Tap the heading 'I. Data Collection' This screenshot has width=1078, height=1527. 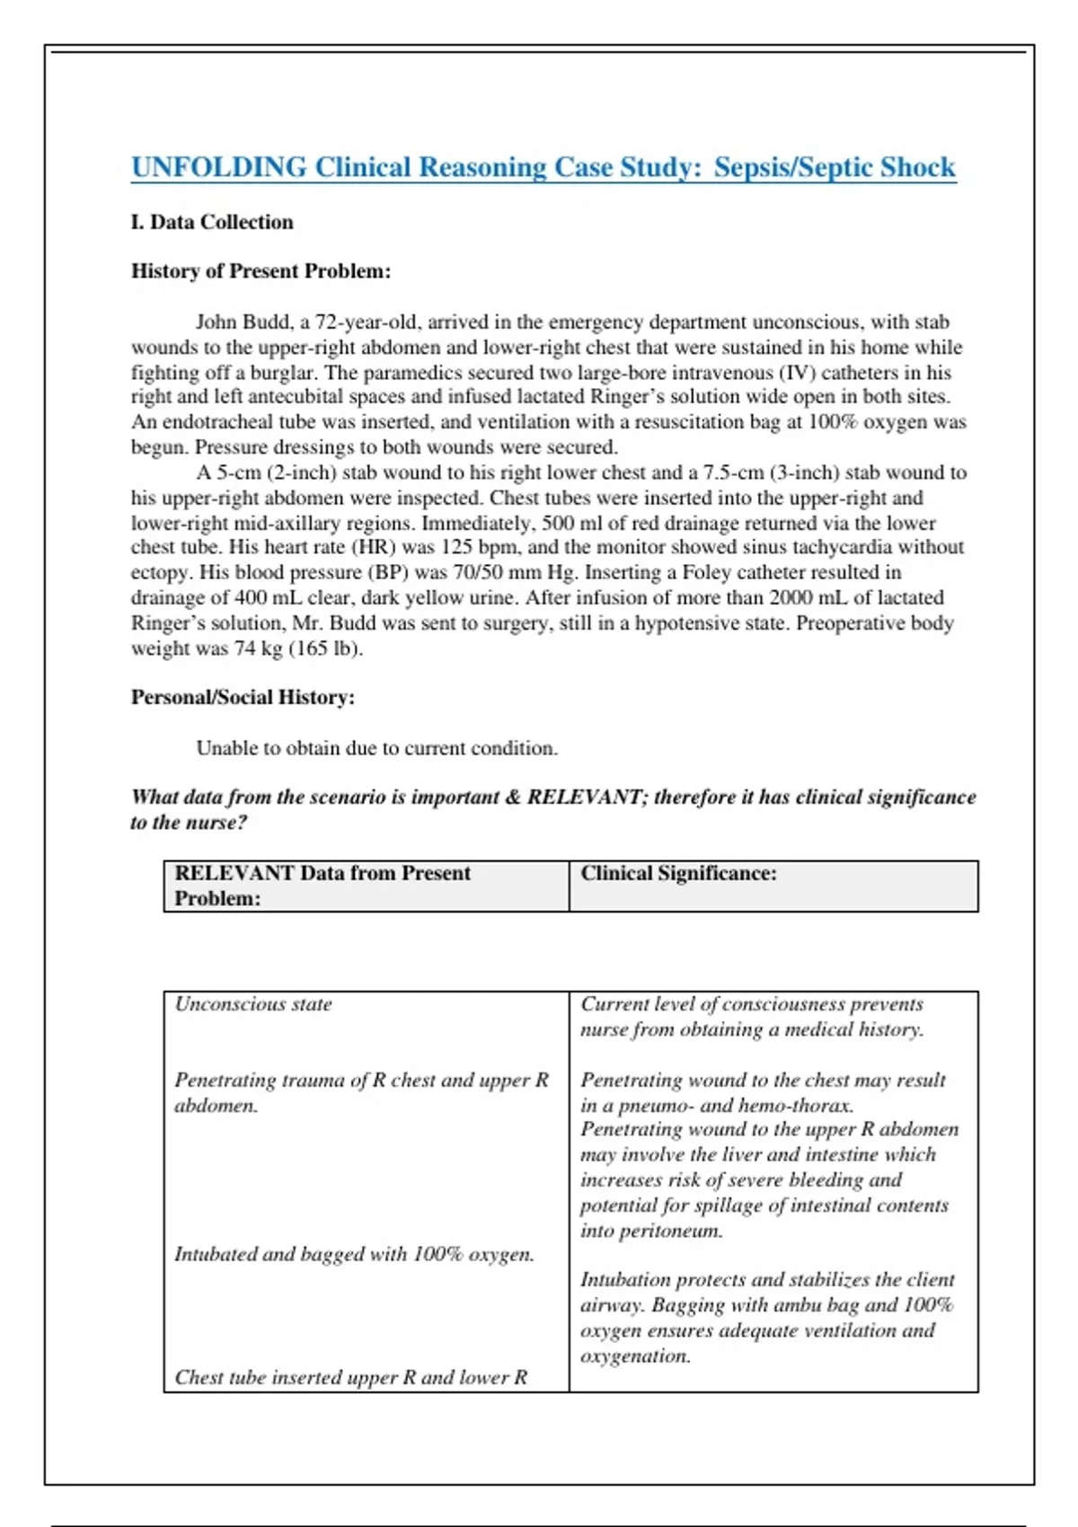[x=212, y=222]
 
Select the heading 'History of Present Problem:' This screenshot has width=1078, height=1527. [x=261, y=271]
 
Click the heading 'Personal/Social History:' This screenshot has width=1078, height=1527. [x=243, y=697]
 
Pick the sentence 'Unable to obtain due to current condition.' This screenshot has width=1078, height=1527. [x=376, y=748]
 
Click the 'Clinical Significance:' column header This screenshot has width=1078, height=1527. [x=678, y=873]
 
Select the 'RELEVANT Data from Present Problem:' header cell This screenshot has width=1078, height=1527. [x=322, y=885]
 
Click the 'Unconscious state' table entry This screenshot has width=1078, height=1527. [x=253, y=1004]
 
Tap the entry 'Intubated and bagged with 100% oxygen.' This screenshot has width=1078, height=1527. [x=354, y=1254]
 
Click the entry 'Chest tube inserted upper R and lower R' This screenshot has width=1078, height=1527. [x=350, y=1377]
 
